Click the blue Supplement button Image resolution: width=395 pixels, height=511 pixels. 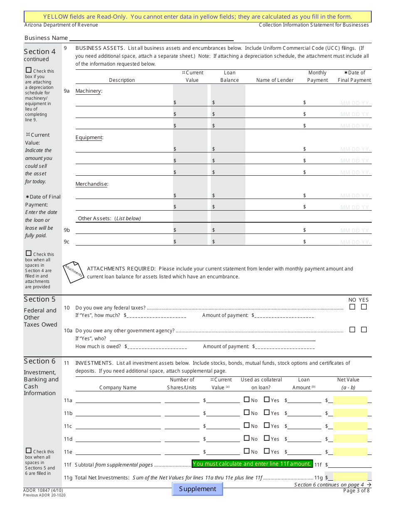click(x=197, y=489)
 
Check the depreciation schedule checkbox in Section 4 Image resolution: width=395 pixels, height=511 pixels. click(x=29, y=70)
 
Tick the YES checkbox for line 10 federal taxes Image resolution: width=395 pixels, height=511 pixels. click(x=364, y=307)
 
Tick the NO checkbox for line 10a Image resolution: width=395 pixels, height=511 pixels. click(x=352, y=329)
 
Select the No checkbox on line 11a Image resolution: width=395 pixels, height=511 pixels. click(x=247, y=400)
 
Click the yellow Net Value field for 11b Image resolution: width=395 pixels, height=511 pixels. click(x=350, y=413)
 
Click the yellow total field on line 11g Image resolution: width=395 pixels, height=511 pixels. click(x=350, y=477)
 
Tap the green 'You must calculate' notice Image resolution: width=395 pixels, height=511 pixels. click(x=252, y=464)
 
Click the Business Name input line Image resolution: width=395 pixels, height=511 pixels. click(x=220, y=38)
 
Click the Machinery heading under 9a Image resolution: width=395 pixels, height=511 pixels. click(x=89, y=91)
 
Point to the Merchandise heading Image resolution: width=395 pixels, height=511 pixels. click(x=91, y=184)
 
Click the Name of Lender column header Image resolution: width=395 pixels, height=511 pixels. click(x=275, y=80)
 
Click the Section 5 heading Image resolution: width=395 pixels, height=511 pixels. click(x=39, y=300)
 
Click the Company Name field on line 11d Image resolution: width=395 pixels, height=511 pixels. click(x=118, y=439)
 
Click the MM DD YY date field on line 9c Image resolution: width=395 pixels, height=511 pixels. click(x=355, y=242)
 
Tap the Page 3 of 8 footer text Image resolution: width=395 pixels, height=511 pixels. click(x=356, y=491)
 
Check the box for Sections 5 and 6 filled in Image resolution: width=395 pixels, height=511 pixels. click(x=29, y=451)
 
